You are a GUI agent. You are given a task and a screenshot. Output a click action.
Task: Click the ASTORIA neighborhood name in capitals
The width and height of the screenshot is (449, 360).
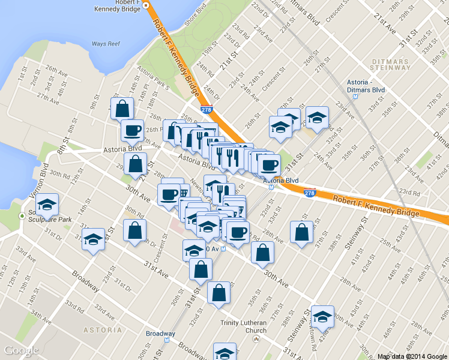click(x=103, y=330)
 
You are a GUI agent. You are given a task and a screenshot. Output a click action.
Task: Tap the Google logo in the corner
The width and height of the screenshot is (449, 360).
click(x=21, y=350)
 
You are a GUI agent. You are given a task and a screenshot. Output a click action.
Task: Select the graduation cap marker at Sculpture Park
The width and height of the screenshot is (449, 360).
click(x=47, y=205)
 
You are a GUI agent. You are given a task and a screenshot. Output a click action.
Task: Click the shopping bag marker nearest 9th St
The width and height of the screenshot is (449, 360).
click(x=122, y=109)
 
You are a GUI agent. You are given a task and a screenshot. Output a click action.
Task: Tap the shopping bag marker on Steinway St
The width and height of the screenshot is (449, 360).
click(x=301, y=232)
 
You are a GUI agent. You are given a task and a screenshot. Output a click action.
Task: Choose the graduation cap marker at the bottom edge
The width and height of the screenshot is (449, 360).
click(x=225, y=353)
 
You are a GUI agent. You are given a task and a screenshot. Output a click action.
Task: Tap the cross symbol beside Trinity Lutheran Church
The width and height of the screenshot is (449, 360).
click(x=256, y=340)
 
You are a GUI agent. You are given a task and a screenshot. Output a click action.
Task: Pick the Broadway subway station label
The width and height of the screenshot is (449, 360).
click(x=160, y=334)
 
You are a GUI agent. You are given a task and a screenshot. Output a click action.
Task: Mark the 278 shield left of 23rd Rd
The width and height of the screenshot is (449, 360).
click(x=310, y=193)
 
